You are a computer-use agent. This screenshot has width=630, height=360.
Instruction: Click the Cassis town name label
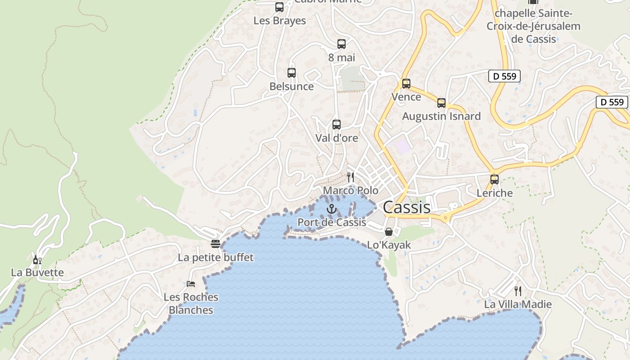point(406,207)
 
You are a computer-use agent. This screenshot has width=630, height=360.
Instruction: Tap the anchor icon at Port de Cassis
point(332,209)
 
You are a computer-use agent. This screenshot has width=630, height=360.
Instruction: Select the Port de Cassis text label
point(332,222)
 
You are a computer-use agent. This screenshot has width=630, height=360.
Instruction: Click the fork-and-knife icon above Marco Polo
point(351,177)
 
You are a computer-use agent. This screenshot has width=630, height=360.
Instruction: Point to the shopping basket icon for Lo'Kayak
point(389,232)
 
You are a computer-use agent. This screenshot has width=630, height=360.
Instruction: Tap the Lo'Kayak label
point(389,245)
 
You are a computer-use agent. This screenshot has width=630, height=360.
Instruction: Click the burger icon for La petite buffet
point(216,244)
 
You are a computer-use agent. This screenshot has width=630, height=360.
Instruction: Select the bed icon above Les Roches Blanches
point(191,283)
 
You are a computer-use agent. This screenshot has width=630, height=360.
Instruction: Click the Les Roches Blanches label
point(191,304)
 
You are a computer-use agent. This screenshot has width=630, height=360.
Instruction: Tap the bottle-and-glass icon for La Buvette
point(37,260)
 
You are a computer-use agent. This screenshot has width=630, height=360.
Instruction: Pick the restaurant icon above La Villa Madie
point(518,291)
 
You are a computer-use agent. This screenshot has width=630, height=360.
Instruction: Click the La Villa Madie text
point(518,305)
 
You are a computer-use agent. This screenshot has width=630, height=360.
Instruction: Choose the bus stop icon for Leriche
point(495,179)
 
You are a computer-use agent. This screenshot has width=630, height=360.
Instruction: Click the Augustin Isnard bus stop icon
point(441,103)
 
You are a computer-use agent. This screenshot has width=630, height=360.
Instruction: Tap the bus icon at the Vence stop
point(406,84)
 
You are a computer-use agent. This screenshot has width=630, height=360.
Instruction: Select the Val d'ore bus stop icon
point(337,125)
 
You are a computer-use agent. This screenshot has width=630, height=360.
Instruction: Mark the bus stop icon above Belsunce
point(292,73)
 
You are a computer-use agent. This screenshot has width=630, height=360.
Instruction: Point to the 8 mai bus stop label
point(342,58)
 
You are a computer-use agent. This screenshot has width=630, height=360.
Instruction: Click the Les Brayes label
point(279,21)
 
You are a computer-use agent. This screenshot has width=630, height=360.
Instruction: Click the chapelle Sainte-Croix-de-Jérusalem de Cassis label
point(534,26)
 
